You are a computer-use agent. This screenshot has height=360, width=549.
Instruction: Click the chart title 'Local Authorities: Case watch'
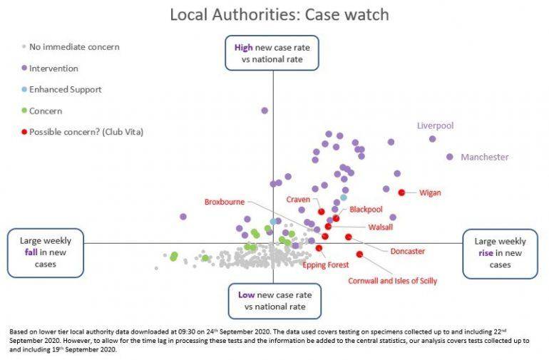click(x=279, y=14)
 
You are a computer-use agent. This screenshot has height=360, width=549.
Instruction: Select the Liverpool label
click(x=435, y=125)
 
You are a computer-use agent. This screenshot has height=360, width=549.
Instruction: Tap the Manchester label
click(x=484, y=157)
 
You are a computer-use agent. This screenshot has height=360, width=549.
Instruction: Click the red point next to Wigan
click(x=401, y=192)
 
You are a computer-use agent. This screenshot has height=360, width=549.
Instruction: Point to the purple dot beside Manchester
click(x=450, y=157)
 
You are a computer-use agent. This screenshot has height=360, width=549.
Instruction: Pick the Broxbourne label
click(x=225, y=202)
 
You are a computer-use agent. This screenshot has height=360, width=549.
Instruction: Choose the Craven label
click(x=298, y=200)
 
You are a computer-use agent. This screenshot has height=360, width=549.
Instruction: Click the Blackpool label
click(x=366, y=210)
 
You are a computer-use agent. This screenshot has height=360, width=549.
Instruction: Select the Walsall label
click(x=380, y=227)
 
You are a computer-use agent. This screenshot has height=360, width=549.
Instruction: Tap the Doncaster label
click(x=407, y=251)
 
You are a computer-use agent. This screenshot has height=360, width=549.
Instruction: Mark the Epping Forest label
click(x=326, y=264)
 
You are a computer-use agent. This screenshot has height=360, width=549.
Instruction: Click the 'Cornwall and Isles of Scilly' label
click(x=392, y=281)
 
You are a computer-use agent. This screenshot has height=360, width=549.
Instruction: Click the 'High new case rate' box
click(x=272, y=53)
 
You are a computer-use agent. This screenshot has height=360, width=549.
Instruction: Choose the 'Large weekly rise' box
click(x=499, y=253)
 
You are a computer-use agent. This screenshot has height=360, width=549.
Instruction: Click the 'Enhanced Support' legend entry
click(x=65, y=90)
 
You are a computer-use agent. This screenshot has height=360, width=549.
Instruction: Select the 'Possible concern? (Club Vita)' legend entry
click(x=84, y=132)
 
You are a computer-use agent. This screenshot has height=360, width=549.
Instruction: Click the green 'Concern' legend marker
click(x=24, y=110)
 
